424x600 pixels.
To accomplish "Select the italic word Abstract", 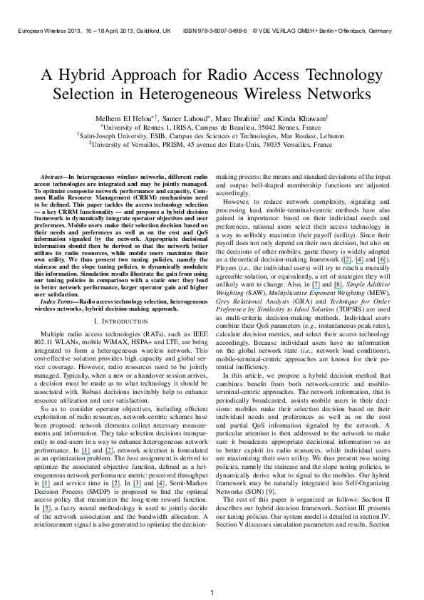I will point(52,175).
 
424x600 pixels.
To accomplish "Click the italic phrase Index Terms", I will point(58,303).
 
